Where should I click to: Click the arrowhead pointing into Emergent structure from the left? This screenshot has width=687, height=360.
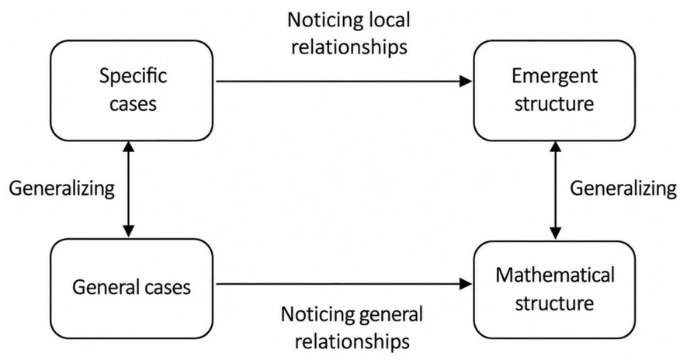point(466,81)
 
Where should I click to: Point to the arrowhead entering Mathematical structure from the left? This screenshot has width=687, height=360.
point(466,284)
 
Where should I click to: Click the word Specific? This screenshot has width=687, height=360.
point(134,77)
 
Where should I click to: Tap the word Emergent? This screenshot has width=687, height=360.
point(554,76)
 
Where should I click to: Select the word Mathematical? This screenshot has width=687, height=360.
point(555,275)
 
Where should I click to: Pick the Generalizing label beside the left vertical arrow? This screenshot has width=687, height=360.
point(62,189)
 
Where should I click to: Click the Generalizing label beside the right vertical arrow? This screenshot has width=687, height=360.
point(623,189)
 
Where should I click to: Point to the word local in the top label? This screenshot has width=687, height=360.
point(387,20)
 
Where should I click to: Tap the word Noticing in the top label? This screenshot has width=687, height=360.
point(324,21)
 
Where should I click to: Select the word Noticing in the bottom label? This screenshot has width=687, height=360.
point(317,315)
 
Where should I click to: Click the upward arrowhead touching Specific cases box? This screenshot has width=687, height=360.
point(128,147)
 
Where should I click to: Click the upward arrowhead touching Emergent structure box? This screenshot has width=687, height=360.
point(555,147)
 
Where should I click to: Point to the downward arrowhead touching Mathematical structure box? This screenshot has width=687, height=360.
point(555,234)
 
